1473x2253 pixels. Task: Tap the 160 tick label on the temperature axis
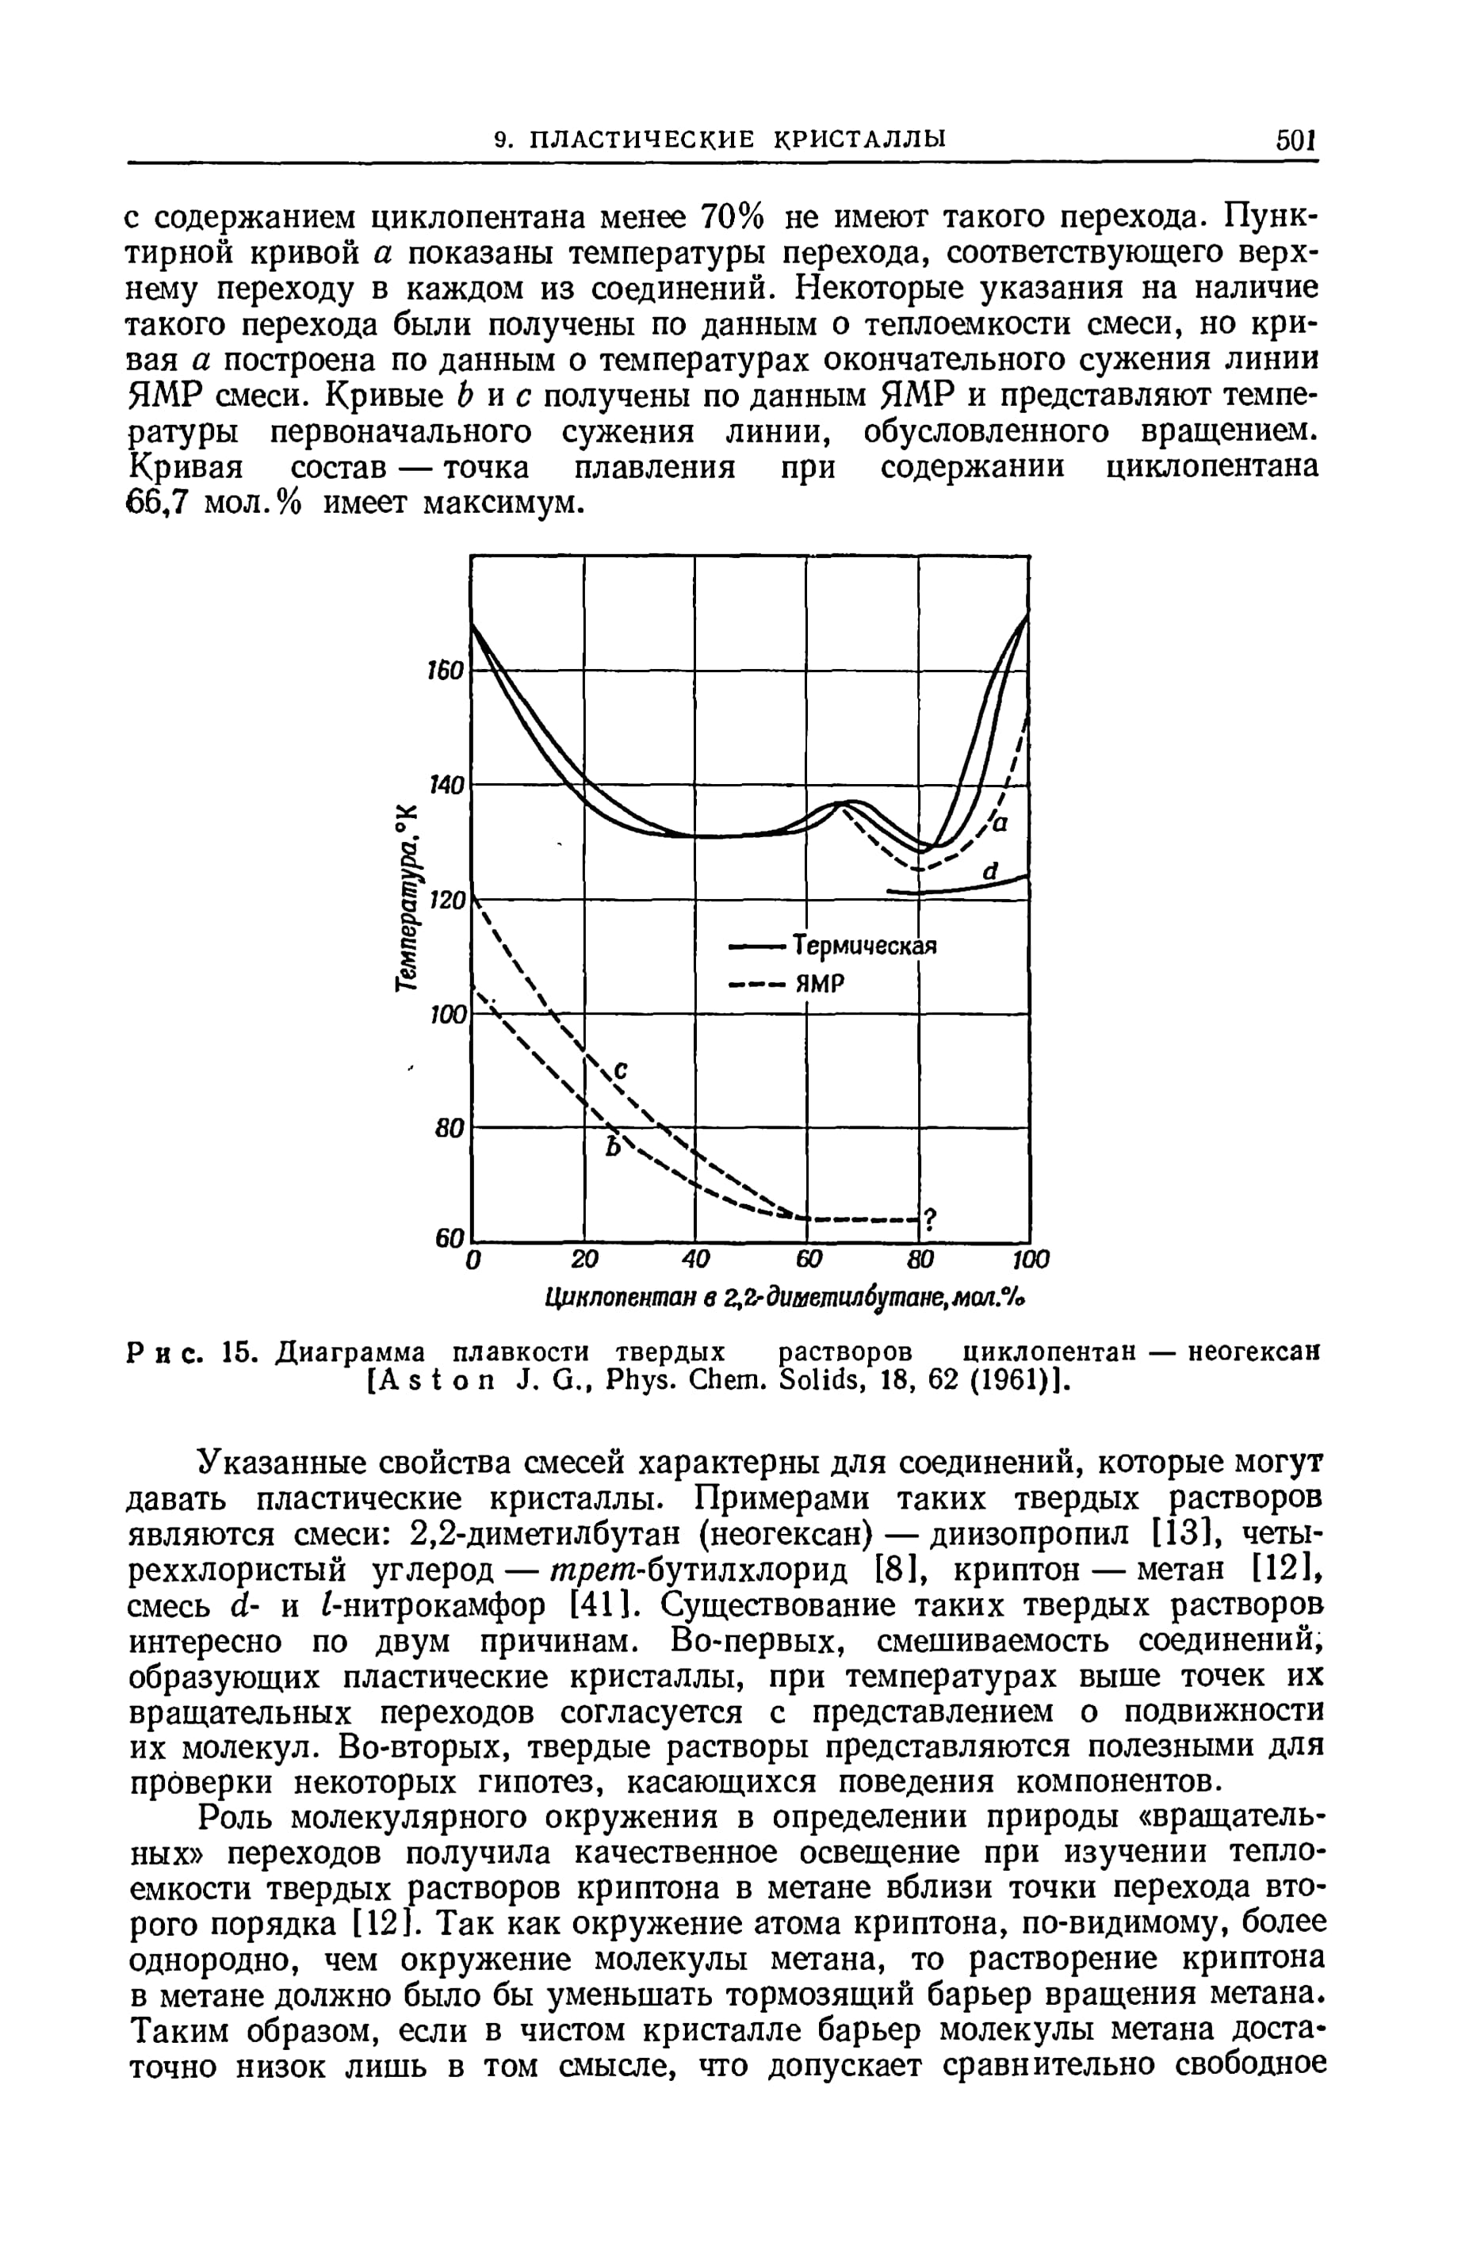446,669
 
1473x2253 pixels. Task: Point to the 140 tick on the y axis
446,785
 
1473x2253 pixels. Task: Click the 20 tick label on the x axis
585,1260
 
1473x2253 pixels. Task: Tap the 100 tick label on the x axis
1031,1260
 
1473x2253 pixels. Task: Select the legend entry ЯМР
819,985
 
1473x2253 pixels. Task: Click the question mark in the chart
930,1219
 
